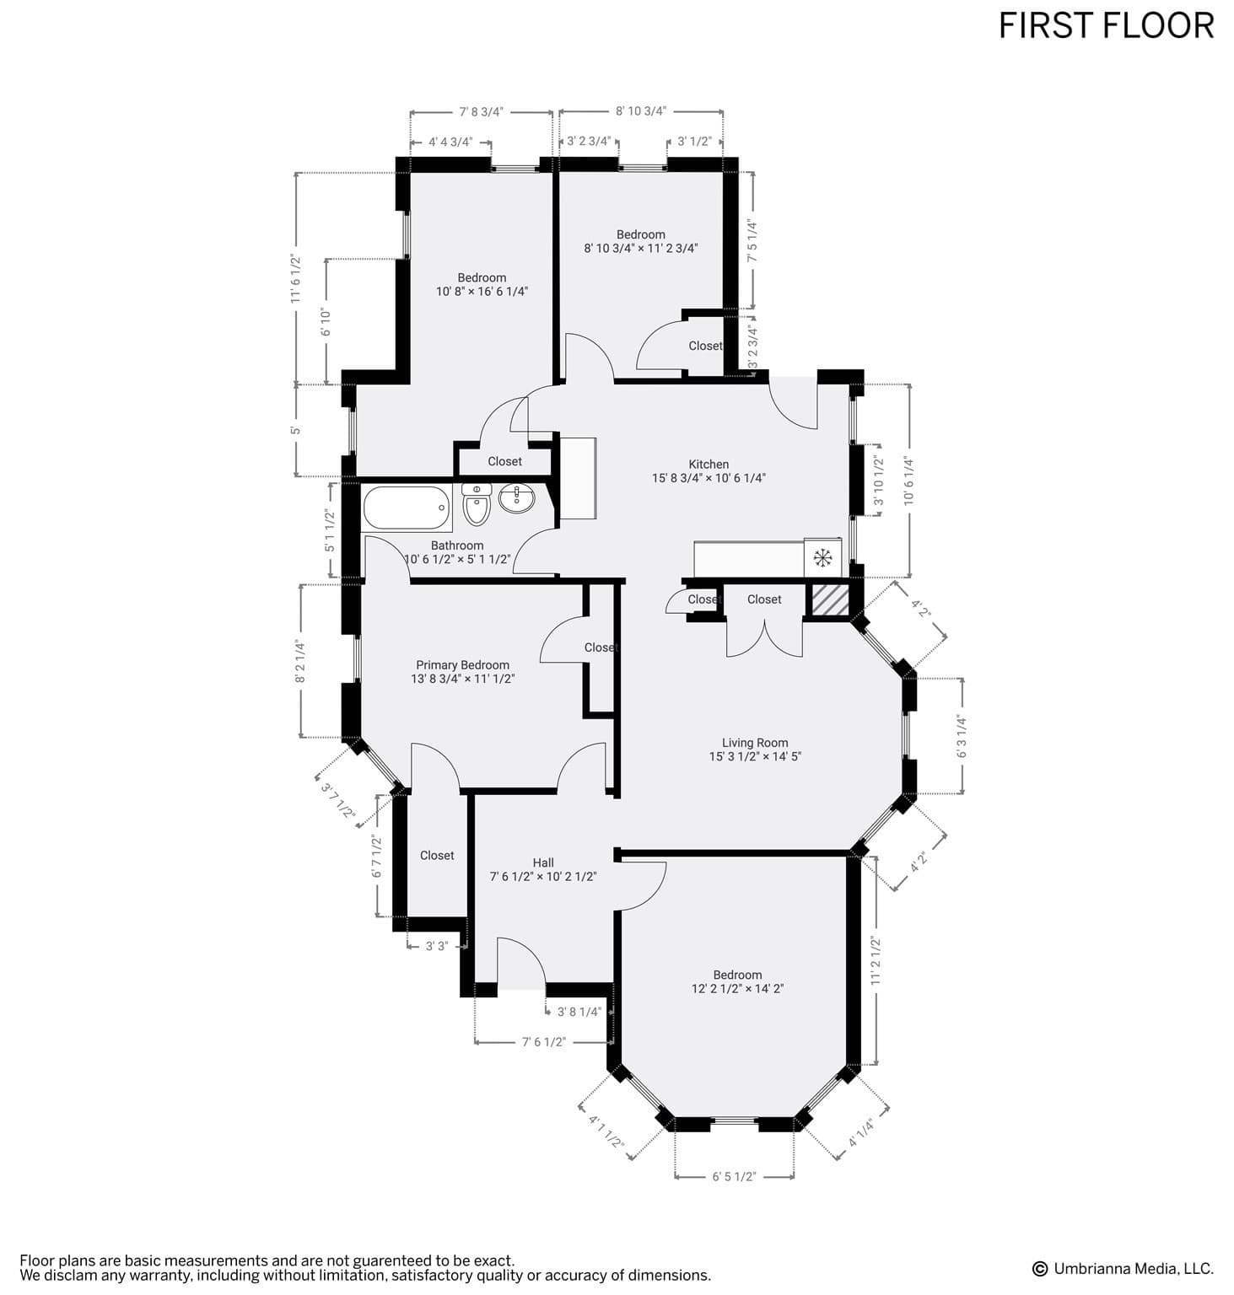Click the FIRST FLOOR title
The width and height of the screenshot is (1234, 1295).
click(1106, 26)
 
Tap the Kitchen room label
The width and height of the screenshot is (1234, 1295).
click(709, 464)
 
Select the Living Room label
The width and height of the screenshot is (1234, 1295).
click(755, 743)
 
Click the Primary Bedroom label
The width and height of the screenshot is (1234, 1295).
click(462, 664)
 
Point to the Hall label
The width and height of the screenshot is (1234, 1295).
click(543, 862)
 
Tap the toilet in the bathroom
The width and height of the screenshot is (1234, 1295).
click(477, 504)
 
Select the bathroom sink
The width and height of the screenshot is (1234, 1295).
click(516, 498)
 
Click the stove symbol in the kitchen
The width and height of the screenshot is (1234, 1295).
click(822, 557)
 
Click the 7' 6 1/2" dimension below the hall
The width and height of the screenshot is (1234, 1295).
click(544, 1042)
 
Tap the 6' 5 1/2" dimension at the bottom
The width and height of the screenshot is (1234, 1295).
click(734, 1176)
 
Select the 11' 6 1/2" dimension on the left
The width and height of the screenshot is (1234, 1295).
click(295, 278)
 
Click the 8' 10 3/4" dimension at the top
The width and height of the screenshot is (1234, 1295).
click(641, 110)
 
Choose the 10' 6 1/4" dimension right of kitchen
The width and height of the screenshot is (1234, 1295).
click(908, 481)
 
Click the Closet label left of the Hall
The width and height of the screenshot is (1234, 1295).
click(437, 855)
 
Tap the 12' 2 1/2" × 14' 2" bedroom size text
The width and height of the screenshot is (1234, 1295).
click(737, 988)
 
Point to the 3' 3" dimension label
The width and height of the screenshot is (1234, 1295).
click(436, 946)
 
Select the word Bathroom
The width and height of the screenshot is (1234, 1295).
click(457, 545)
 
